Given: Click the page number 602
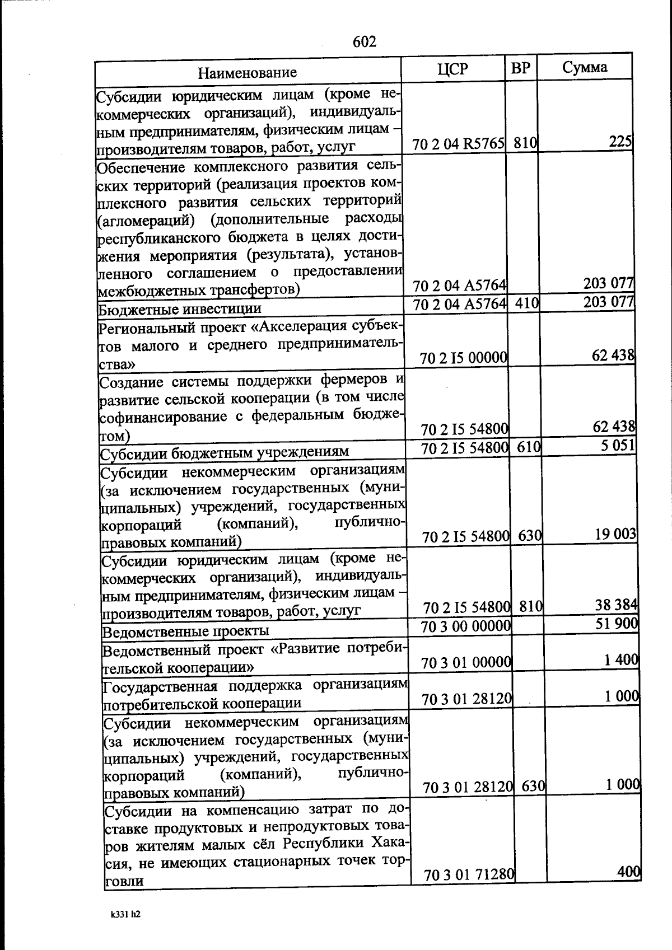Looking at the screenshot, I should (365, 42).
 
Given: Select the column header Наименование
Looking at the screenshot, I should (247, 72).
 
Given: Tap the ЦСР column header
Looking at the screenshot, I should (452, 68).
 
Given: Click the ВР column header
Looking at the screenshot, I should (521, 68).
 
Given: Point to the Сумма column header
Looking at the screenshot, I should (585, 67).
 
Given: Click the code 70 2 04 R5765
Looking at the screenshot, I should (459, 144).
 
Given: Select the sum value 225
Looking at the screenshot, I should (620, 142).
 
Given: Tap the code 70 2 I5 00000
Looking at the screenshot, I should (464, 358).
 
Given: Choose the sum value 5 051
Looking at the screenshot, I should (615, 446).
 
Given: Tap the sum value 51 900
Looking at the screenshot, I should (617, 623).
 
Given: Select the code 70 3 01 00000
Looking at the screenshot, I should (466, 663).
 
